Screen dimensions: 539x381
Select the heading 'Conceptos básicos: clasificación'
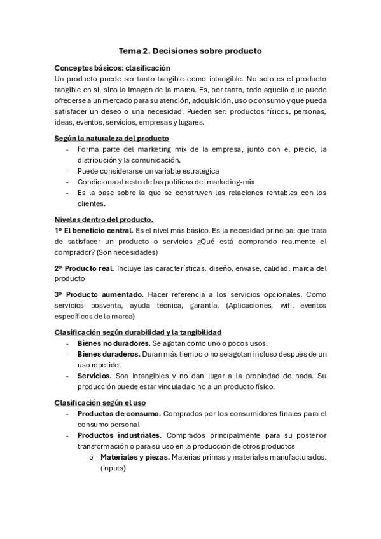tap(112, 67)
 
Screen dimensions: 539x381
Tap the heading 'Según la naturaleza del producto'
tap(111, 138)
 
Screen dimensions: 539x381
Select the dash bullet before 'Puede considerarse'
tap(68, 172)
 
